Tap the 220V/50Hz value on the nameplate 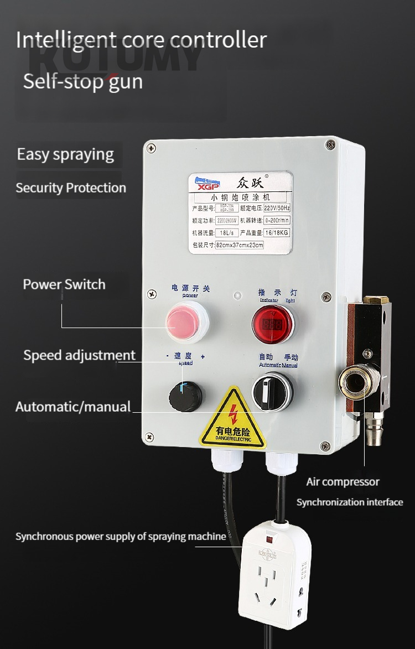276,209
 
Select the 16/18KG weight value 276,232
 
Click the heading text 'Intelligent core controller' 141,40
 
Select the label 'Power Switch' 64,285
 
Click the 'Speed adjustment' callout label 79,355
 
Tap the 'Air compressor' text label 343,482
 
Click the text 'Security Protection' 71,188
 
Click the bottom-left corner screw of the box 150,437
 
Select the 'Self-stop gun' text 82,81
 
